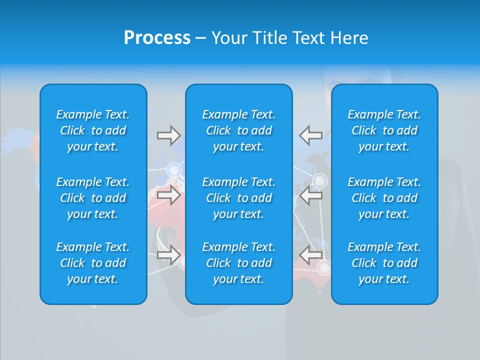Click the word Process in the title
pos(157,38)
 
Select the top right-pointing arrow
pos(169,135)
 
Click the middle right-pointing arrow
pos(169,195)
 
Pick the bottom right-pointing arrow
pos(169,255)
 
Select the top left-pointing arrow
pos(310,135)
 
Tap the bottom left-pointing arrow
pos(310,255)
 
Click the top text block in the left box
pos(93,130)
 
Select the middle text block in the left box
pos(93,198)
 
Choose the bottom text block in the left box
pos(93,263)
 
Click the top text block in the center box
pos(239,130)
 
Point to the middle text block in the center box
pos(239,198)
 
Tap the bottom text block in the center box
pos(239,263)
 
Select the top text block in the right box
pos(384,130)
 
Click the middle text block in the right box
pos(384,198)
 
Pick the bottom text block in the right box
pos(384,263)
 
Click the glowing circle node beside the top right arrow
pos(173,170)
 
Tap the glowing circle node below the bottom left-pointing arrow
pos(324,268)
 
